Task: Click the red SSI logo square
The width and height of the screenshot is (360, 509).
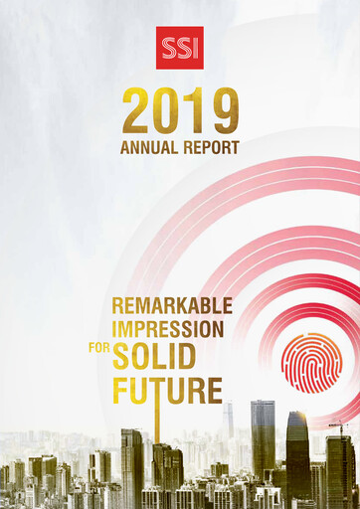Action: (180, 48)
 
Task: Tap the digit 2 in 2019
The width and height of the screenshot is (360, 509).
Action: (139, 112)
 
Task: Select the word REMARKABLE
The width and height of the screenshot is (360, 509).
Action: (171, 306)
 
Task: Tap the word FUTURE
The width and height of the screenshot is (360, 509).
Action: (166, 390)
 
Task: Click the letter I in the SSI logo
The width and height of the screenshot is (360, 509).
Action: (195, 49)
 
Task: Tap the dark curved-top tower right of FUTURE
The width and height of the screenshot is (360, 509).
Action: (298, 447)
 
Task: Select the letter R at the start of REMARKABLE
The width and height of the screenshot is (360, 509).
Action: (117, 306)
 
